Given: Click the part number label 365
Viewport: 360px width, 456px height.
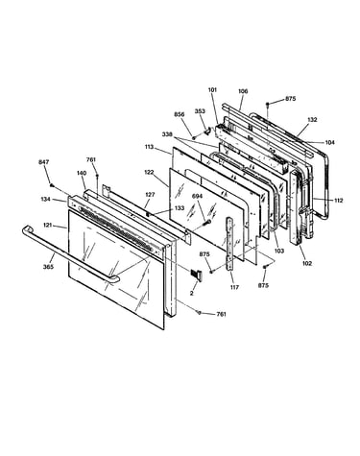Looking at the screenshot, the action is (48, 267).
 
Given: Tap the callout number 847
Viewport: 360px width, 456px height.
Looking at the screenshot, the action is (44, 162).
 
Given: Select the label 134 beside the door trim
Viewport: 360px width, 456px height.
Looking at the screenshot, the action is (46, 200).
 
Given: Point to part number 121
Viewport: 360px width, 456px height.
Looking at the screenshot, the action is (47, 226).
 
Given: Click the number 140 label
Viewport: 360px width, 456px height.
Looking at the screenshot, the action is (82, 173).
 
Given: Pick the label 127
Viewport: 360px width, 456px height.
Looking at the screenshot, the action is (150, 195).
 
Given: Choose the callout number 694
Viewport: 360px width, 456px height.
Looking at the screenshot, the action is (198, 196).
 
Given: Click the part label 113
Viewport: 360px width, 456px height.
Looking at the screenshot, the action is (149, 147).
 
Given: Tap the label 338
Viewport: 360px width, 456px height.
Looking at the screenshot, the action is (167, 133).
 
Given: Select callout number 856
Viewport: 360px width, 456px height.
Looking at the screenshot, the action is (180, 114).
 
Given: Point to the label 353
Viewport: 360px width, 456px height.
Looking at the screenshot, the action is (200, 111).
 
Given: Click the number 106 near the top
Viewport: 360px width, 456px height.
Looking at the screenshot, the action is (243, 91).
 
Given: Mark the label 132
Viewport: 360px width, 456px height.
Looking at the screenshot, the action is (312, 120).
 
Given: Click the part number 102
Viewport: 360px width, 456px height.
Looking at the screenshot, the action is (306, 263).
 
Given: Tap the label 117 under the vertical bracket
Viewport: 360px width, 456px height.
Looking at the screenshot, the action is (234, 287).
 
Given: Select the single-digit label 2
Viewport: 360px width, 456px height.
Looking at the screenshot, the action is (192, 293).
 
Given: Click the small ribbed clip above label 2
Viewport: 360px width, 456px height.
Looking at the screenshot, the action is (196, 275).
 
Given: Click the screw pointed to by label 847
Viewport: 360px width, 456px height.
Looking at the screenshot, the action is (51, 184).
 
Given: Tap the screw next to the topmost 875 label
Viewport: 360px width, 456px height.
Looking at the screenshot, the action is (268, 104).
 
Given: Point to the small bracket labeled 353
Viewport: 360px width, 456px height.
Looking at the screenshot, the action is (207, 131).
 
